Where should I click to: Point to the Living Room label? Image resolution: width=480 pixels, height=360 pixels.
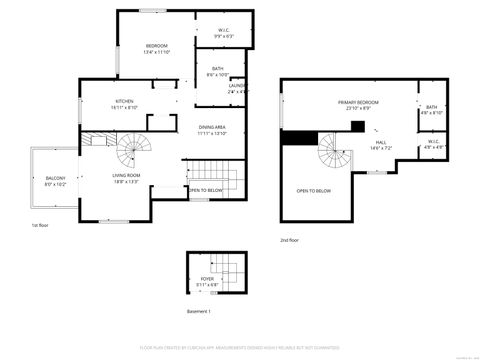coord(125,177)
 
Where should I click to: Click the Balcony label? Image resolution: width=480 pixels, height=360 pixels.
coord(54,180)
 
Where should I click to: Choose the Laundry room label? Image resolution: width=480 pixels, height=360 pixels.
coord(237,87)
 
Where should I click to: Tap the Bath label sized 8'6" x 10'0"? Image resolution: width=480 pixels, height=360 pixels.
coord(217,71)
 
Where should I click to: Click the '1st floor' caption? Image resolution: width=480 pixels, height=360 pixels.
coord(40,225)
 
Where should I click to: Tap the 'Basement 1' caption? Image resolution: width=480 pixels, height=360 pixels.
coord(200,311)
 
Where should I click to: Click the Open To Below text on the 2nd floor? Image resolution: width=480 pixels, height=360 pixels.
coord(314,190)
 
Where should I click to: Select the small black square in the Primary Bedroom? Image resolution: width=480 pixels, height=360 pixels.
coord(357,126)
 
